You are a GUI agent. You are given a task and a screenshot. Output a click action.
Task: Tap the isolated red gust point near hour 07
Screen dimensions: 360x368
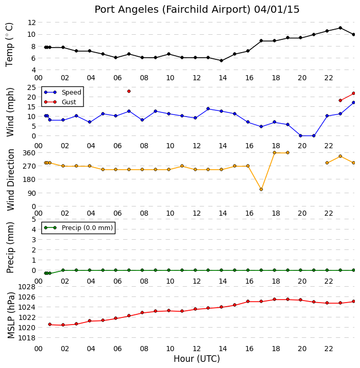coord(129,91)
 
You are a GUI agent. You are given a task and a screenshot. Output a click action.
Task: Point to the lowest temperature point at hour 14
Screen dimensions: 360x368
coord(221,60)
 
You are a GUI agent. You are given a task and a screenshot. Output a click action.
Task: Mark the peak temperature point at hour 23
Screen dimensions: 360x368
coord(340,28)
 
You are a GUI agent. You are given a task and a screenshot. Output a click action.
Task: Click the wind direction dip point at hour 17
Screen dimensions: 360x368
coord(261,190)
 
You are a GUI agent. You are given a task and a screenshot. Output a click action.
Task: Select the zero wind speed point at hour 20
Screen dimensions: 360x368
coord(300,135)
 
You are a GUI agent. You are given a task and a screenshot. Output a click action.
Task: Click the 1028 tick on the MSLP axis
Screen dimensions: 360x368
coord(27,287)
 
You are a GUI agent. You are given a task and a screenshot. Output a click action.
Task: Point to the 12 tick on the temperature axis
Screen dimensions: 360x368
coord(32,22)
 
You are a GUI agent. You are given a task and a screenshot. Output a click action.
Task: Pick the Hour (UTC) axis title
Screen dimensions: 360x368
coord(197,359)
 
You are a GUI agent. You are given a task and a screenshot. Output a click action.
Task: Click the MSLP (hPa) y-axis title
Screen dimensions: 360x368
coord(11,315)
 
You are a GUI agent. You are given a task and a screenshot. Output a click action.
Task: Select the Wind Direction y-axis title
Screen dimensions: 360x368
coord(11,180)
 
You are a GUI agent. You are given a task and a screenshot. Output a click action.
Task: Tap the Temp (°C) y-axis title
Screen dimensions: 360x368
coord(9,45)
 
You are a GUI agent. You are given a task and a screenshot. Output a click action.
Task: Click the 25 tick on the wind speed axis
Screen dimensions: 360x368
coord(32,87)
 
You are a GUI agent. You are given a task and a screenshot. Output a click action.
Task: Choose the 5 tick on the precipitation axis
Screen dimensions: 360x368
coord(34,219)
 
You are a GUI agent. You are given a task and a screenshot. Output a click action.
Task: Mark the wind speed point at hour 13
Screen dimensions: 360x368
coord(208,109)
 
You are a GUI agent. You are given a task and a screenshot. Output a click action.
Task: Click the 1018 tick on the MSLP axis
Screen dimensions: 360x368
coord(27,338)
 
